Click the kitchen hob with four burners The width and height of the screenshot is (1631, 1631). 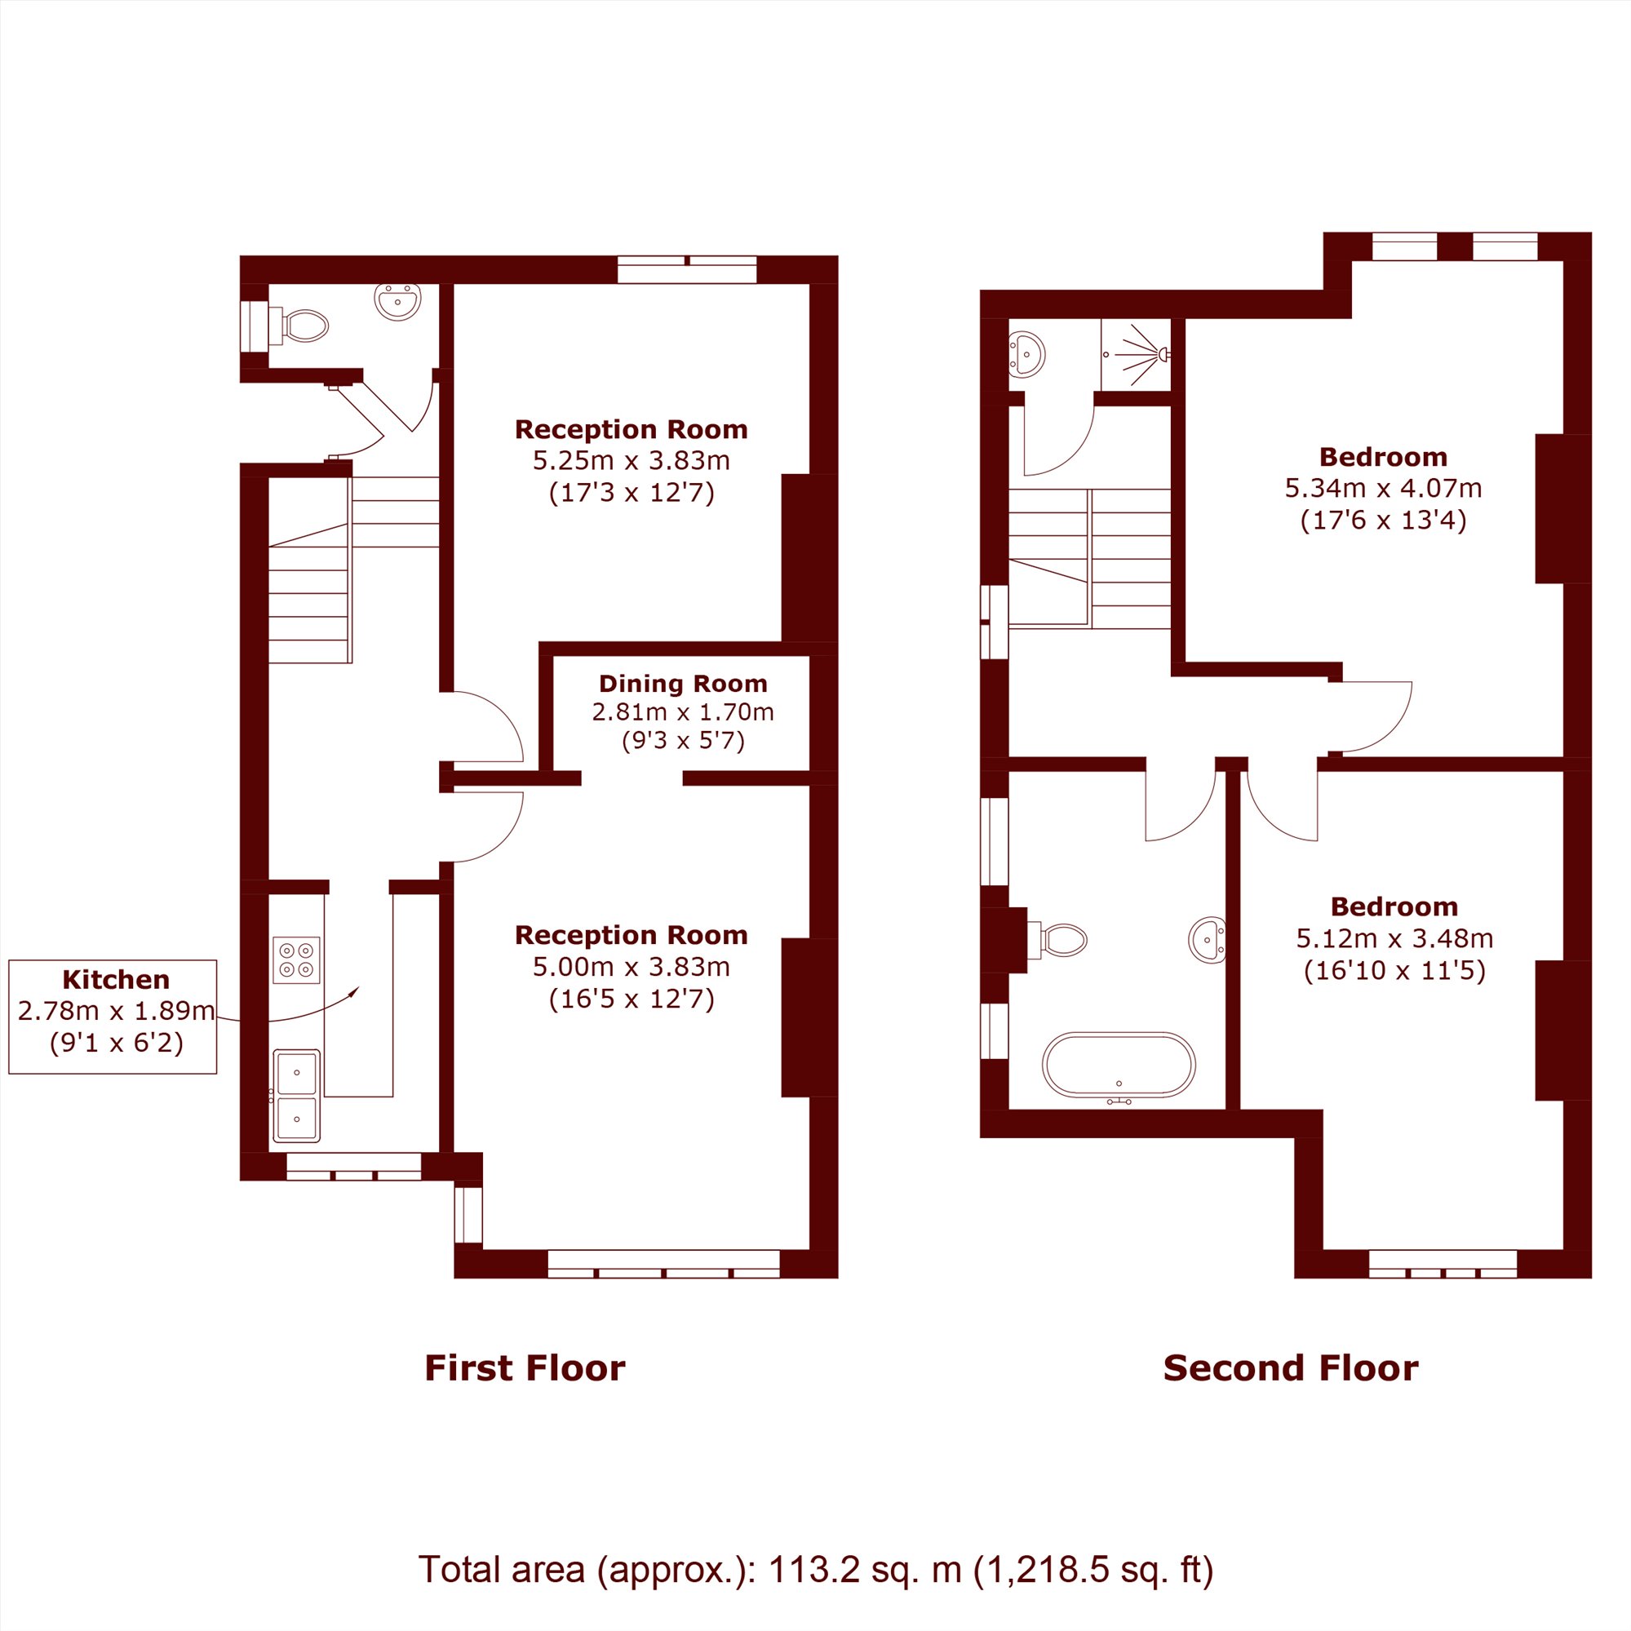pos(296,960)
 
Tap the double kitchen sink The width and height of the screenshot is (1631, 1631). pos(296,1095)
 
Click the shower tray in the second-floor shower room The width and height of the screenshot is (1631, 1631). pos(1136,355)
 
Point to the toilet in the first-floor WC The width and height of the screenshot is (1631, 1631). pos(299,325)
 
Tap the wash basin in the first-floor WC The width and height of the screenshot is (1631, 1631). pos(397,301)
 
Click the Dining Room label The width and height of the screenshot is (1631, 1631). pos(683,684)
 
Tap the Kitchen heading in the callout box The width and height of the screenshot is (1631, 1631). pos(117,979)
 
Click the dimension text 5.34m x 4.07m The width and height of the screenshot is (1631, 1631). pos(1383,488)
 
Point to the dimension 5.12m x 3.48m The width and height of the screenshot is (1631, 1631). pos(1394,938)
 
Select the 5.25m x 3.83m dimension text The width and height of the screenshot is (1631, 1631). pos(632,460)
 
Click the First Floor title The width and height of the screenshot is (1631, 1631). pos(525,1367)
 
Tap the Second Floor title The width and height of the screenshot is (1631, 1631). pos(1291,1367)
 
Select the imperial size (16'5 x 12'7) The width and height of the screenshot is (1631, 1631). pos(632,999)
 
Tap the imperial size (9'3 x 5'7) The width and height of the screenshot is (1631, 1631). pos(683,740)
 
